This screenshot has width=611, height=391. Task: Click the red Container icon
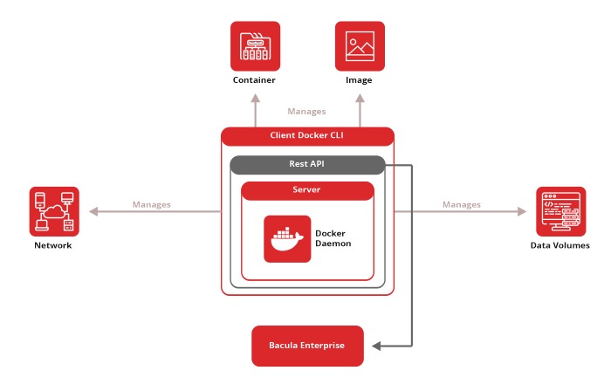point(255,46)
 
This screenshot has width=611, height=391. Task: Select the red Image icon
point(360,46)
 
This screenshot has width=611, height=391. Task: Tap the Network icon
point(54,211)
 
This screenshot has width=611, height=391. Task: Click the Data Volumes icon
point(560,211)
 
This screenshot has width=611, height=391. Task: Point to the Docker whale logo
point(287,238)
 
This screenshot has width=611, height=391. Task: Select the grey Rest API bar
point(307,164)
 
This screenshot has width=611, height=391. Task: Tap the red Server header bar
point(307,189)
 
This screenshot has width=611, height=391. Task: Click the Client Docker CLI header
point(307,136)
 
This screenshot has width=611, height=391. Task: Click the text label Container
point(254,80)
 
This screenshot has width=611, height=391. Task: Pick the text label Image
point(359,80)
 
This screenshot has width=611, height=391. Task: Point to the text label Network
point(53,245)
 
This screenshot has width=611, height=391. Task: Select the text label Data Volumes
point(560,245)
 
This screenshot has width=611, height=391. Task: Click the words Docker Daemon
point(332,238)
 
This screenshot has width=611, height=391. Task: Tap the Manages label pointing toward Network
point(152,204)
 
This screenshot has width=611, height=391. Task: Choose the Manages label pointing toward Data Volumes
point(462,204)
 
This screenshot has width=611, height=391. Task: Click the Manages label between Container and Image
point(306,112)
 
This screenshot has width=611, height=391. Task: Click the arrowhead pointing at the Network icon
point(91,211)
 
